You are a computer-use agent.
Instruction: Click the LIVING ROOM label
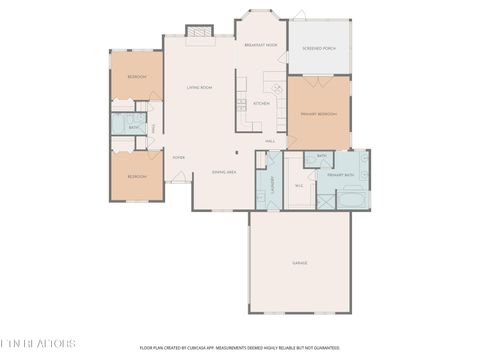coord(199,88)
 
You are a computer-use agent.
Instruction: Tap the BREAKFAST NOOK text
coord(261,45)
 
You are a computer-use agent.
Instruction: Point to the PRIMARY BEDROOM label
coord(319,115)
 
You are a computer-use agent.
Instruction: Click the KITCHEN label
coord(260,104)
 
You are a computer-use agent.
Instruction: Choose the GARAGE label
coord(299,263)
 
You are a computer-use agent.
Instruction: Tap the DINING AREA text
coord(224,172)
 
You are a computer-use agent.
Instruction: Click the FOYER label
coord(179,157)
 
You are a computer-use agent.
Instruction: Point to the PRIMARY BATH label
coord(340,175)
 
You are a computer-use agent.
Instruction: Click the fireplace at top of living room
coord(199,32)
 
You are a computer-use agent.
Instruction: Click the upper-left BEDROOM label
coord(136,77)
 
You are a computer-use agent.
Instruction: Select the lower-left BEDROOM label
coord(136,176)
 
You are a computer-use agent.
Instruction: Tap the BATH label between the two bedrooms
coord(133,127)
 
